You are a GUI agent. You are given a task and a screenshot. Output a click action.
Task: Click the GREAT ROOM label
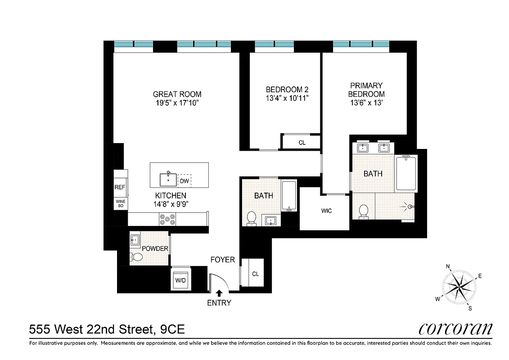177,94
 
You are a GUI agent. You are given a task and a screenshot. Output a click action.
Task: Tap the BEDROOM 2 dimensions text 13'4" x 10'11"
287,98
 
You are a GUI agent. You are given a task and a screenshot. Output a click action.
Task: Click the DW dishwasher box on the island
185,181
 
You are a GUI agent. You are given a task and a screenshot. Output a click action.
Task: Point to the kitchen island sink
169,179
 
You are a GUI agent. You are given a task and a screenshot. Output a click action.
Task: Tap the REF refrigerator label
120,188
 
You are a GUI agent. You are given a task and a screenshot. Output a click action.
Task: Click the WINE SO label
120,203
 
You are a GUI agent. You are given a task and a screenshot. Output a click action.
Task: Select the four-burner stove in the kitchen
167,219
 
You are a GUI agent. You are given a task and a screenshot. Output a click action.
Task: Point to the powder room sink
135,240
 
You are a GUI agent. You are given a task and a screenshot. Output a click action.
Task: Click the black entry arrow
219,293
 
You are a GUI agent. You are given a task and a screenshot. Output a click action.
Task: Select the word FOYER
223,260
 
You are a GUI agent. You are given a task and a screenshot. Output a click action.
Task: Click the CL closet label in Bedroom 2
302,143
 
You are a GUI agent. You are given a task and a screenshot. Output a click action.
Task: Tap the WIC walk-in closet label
326,211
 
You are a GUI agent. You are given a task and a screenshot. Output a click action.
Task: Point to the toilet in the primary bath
364,211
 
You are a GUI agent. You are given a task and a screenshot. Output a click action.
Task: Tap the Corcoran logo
455,329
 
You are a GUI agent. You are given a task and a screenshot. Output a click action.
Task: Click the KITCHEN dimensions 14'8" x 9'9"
171,203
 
